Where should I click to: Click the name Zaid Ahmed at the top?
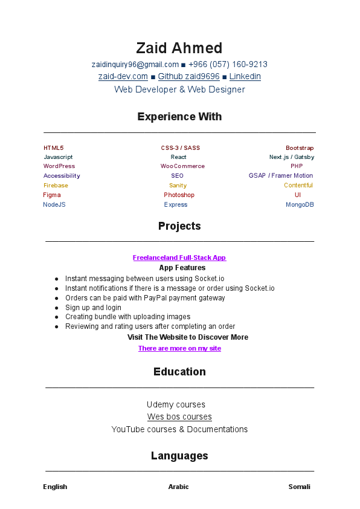[x=179, y=48]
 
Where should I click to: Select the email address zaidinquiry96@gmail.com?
[x=135, y=65]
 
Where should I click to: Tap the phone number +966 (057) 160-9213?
[x=228, y=65]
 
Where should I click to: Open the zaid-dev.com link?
[x=123, y=77]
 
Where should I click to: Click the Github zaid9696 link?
[x=188, y=77]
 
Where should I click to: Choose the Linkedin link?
[x=245, y=77]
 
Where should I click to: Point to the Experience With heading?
[x=179, y=117]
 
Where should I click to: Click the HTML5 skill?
[x=53, y=148]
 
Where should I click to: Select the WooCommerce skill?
[x=182, y=166]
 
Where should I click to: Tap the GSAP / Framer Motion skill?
[x=281, y=176]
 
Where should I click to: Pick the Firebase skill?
[x=56, y=186]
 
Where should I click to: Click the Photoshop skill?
[x=179, y=195]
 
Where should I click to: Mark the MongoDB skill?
[x=300, y=205]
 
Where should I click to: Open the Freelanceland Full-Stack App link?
[x=179, y=258]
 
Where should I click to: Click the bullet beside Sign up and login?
[x=57, y=308]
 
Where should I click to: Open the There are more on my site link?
[x=179, y=348]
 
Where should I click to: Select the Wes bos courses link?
[x=179, y=417]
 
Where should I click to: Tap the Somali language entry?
[x=299, y=487]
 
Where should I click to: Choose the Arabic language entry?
[x=178, y=487]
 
